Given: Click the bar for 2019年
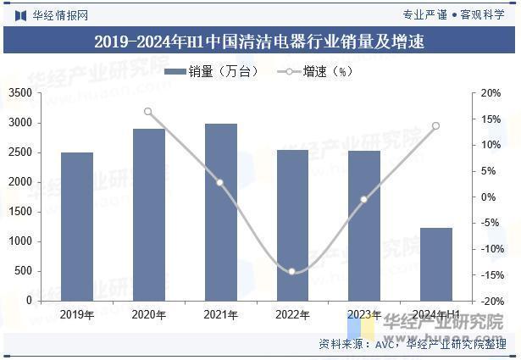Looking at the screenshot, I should tap(77, 226).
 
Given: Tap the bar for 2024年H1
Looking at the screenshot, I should tap(436, 263).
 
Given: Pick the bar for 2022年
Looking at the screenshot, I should tap(293, 224).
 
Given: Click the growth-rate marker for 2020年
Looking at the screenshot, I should tap(148, 112).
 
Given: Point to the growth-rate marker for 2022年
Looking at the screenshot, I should tap(292, 272).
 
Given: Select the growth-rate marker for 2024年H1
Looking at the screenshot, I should tap(435, 126).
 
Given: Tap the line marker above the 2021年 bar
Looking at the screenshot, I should tap(220, 183).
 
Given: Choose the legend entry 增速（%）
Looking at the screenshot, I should tap(314, 72).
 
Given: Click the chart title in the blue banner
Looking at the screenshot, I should tap(259, 42).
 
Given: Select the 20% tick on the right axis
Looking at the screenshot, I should tap(491, 93).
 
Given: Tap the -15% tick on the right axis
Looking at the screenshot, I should tap(491, 275).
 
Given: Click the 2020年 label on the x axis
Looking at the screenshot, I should tap(148, 314).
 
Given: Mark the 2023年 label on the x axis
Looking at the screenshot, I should tap(364, 314).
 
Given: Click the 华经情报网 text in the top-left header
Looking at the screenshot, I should tap(59, 14).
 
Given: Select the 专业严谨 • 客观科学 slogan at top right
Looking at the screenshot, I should tap(454, 14).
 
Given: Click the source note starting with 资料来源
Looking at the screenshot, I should tap(413, 345).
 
